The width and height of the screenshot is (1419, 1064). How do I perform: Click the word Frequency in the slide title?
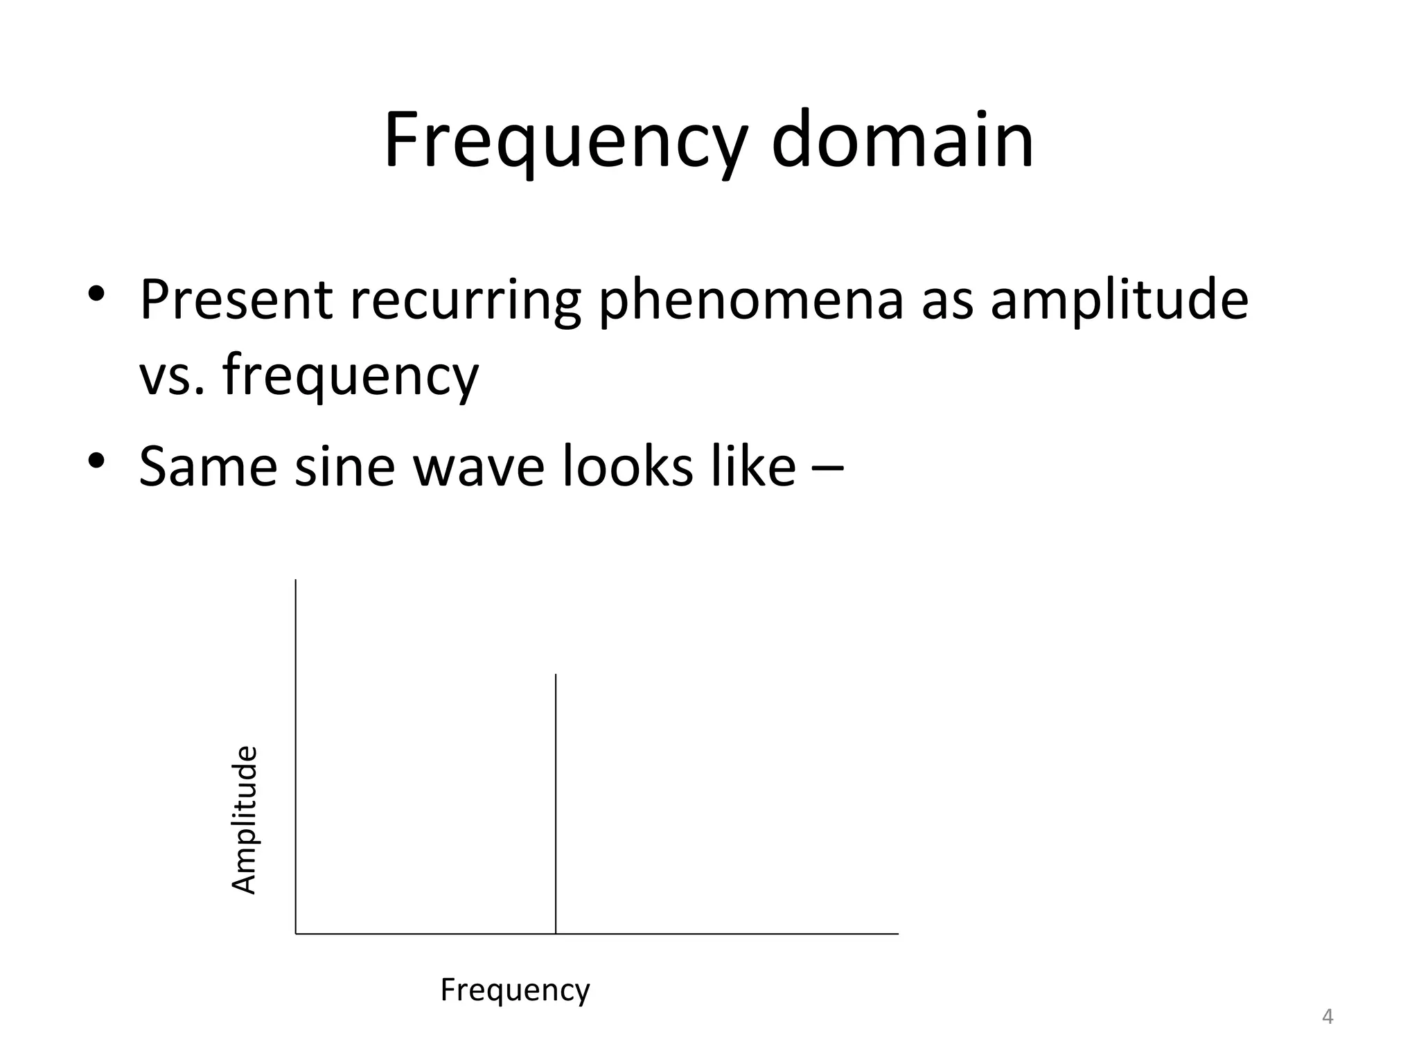(x=565, y=142)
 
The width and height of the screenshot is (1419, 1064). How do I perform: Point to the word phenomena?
(x=751, y=301)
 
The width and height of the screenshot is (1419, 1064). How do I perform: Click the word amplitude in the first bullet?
(x=1118, y=301)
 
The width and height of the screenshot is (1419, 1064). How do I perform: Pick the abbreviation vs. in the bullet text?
(x=172, y=375)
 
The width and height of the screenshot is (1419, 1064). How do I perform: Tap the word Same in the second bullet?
(x=208, y=466)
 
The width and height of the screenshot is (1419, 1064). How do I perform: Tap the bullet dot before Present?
(x=96, y=293)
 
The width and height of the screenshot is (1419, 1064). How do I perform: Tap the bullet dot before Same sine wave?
(x=96, y=459)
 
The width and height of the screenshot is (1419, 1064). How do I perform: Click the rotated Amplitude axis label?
(x=244, y=819)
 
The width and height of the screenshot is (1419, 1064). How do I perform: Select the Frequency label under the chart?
(x=515, y=991)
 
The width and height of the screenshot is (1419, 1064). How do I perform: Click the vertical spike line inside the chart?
(x=556, y=804)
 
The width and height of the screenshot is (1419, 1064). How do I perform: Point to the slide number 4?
(x=1328, y=1017)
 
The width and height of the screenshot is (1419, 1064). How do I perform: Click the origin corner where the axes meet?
(x=296, y=934)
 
